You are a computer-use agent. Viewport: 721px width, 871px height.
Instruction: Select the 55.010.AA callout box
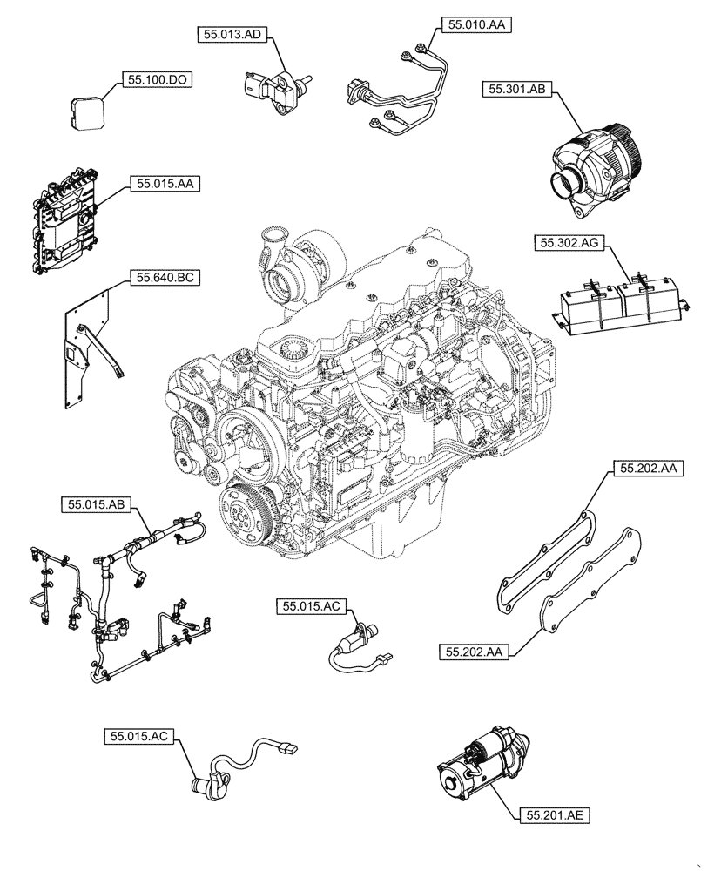(x=476, y=26)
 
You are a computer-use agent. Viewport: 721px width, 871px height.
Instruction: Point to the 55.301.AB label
(x=516, y=88)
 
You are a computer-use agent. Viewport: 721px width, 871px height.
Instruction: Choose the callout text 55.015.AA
(x=165, y=184)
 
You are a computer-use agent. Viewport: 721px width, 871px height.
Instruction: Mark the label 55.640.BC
(x=165, y=279)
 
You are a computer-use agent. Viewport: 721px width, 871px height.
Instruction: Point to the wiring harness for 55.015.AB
(x=113, y=601)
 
